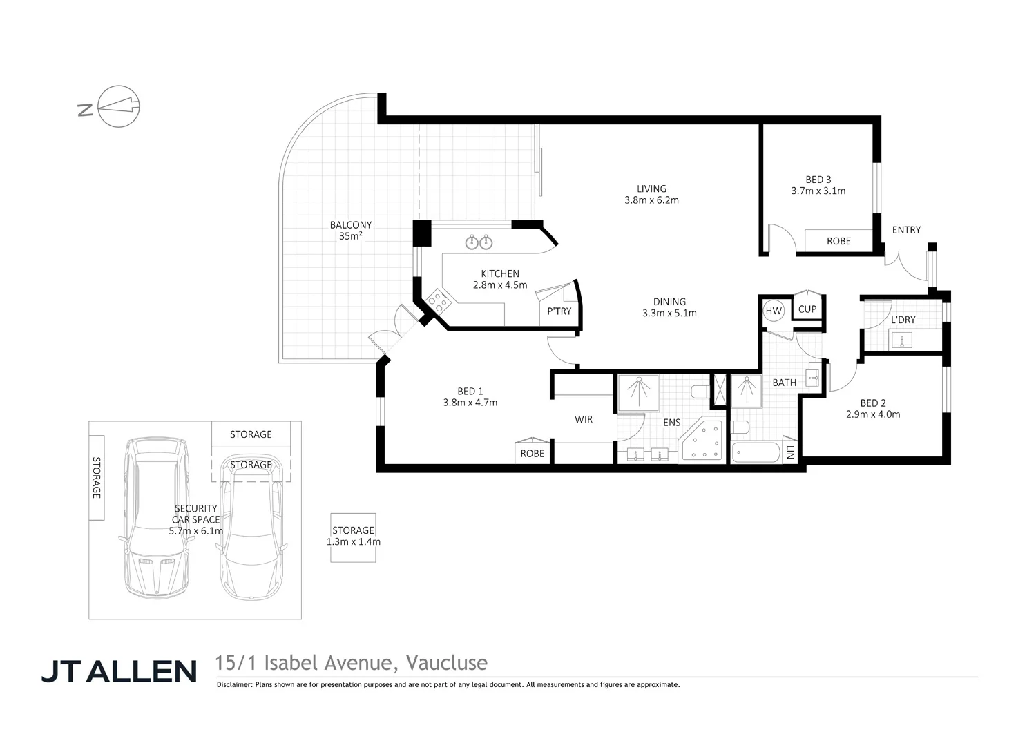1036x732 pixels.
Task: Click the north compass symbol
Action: [x=119, y=106]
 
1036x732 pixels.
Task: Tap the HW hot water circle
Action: [x=774, y=311]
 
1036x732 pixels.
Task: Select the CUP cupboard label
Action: [x=807, y=309]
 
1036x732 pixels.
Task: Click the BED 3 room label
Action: [x=818, y=180]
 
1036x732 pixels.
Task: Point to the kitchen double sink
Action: [x=479, y=242]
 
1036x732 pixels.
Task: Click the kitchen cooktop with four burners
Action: [x=437, y=300]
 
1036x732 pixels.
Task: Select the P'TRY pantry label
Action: [x=559, y=311]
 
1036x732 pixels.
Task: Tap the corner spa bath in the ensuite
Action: [x=703, y=442]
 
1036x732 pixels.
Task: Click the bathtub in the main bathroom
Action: [x=756, y=453]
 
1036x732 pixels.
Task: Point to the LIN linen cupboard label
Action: [x=790, y=453]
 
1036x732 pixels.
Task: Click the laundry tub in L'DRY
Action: [x=902, y=340]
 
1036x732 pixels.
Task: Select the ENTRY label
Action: [x=906, y=230]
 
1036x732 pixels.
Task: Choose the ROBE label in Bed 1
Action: [x=533, y=454]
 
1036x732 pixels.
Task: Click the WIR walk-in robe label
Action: [x=584, y=419]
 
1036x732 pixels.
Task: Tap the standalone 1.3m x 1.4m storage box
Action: [x=353, y=537]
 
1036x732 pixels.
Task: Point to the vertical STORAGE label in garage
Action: [x=97, y=478]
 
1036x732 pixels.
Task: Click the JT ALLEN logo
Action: [x=119, y=671]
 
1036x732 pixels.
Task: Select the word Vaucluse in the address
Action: [x=447, y=663]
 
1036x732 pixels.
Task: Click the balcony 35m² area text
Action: [x=351, y=231]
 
